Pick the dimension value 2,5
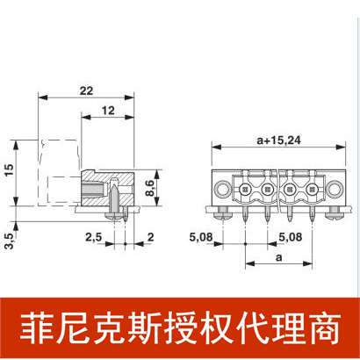91,237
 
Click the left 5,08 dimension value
204,236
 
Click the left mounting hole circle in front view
225,190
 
